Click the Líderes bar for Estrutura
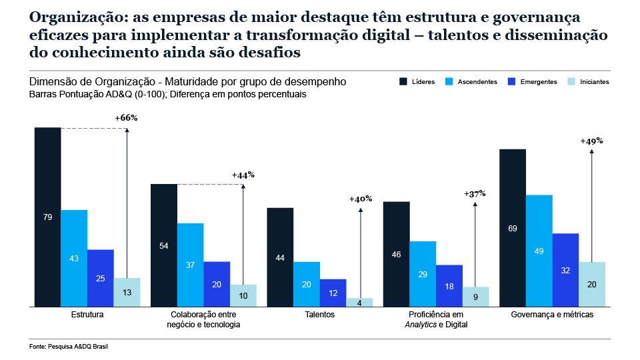[47, 217]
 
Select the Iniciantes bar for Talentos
[359, 302]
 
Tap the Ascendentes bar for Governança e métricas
[539, 250]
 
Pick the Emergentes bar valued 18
[449, 285]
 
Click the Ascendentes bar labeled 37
[191, 265]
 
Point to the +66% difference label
[125, 118]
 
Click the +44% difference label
[243, 175]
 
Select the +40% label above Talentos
[360, 199]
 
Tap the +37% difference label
[475, 193]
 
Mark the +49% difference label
[591, 141]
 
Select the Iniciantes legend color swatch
[571, 82]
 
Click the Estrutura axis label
[87, 314]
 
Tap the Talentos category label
[320, 314]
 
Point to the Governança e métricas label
[552, 314]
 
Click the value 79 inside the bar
[47, 217]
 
